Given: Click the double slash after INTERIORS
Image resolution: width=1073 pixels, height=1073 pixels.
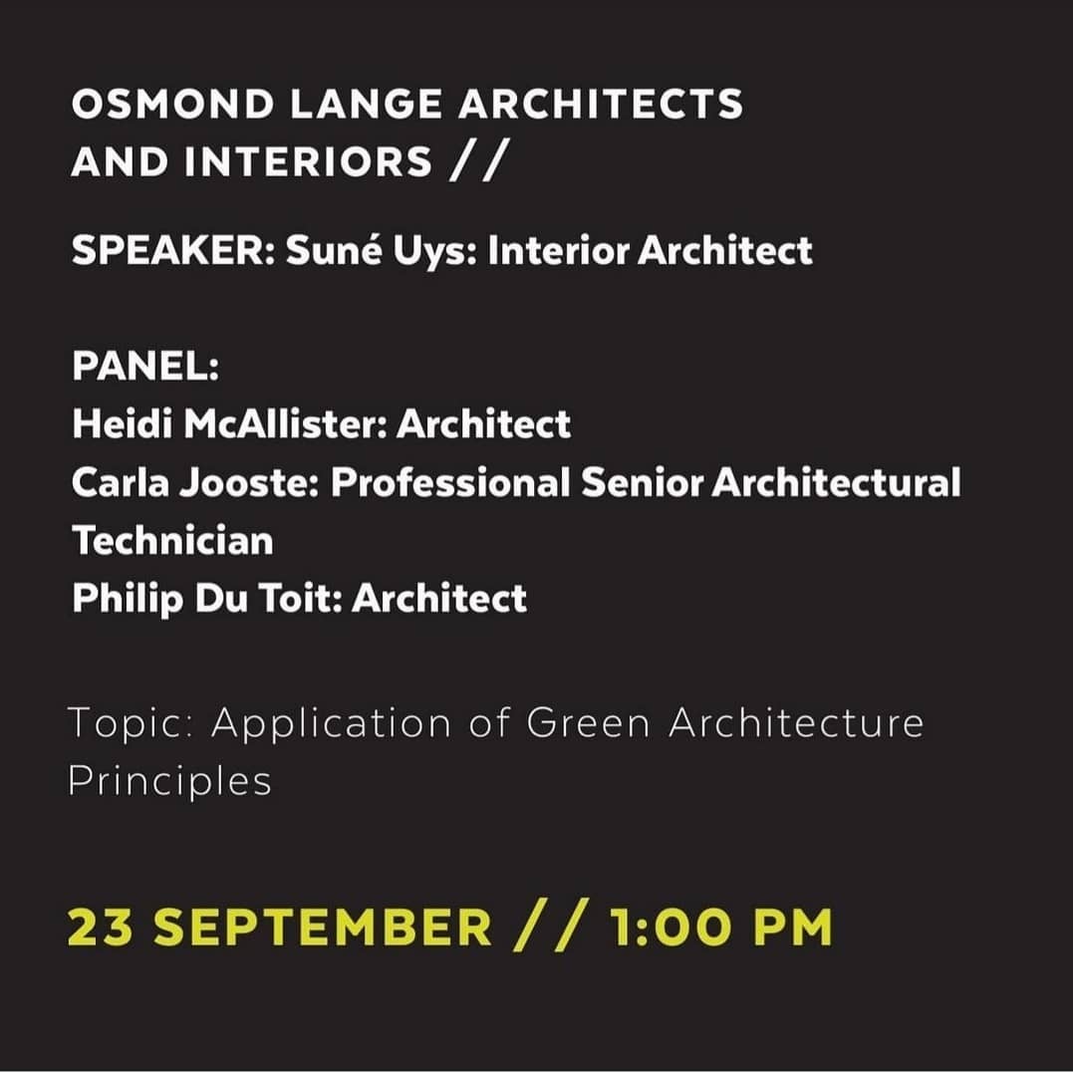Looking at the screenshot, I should (474, 161).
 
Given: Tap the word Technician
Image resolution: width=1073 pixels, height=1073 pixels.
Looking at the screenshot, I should (172, 541).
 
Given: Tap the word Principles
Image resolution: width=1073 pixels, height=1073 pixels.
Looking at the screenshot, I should (169, 782).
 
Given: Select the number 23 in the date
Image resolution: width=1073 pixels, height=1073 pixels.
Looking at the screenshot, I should (103, 928).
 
